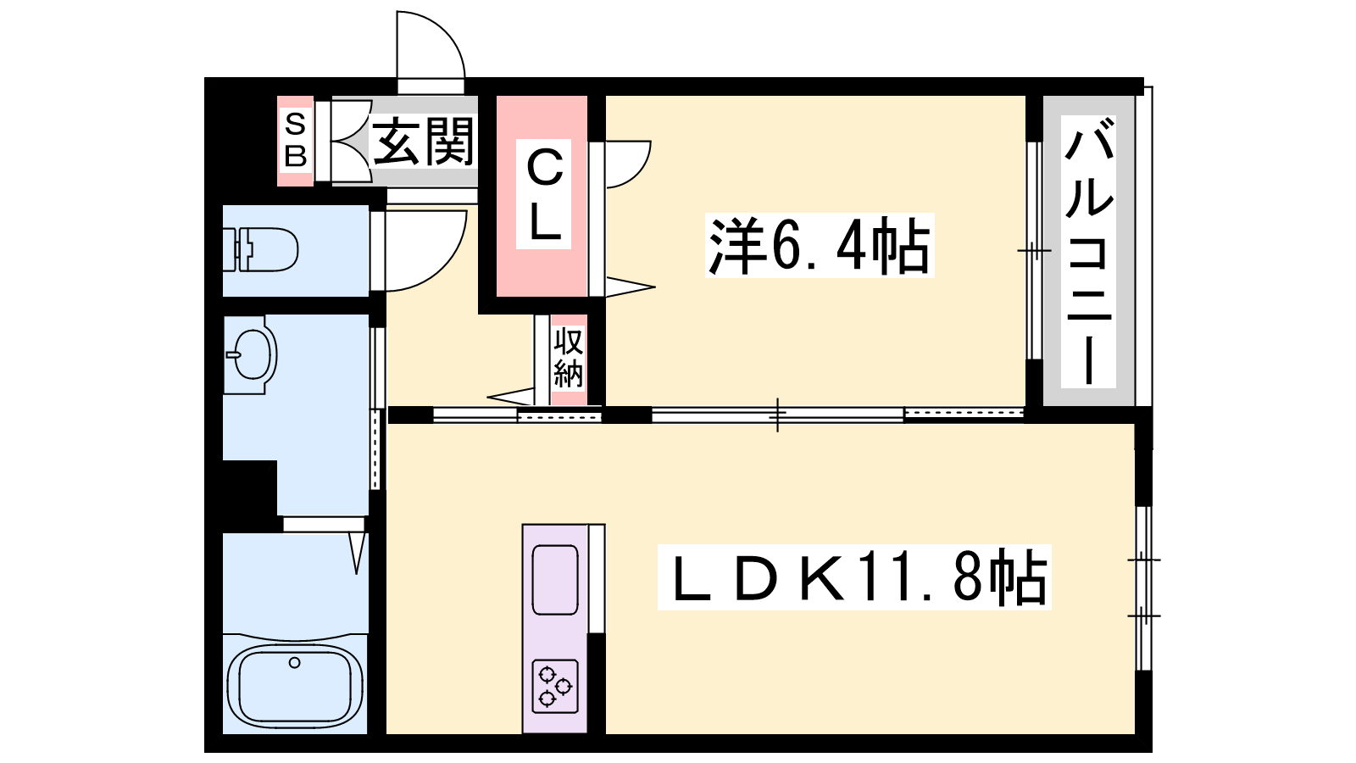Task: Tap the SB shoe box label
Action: click(x=296, y=141)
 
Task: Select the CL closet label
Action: click(x=543, y=194)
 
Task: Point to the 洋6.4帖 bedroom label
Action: click(x=819, y=246)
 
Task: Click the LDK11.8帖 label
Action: click(x=854, y=576)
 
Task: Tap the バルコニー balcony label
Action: click(x=1088, y=251)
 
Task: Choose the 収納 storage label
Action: click(x=569, y=358)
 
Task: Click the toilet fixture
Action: click(x=260, y=249)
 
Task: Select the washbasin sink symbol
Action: click(x=250, y=355)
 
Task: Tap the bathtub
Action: click(x=295, y=684)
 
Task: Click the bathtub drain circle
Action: click(x=295, y=662)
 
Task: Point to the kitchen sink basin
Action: click(x=554, y=580)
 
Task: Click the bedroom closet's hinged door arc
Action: click(x=639, y=175)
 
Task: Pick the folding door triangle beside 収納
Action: click(x=510, y=397)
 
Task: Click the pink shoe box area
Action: click(x=296, y=141)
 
